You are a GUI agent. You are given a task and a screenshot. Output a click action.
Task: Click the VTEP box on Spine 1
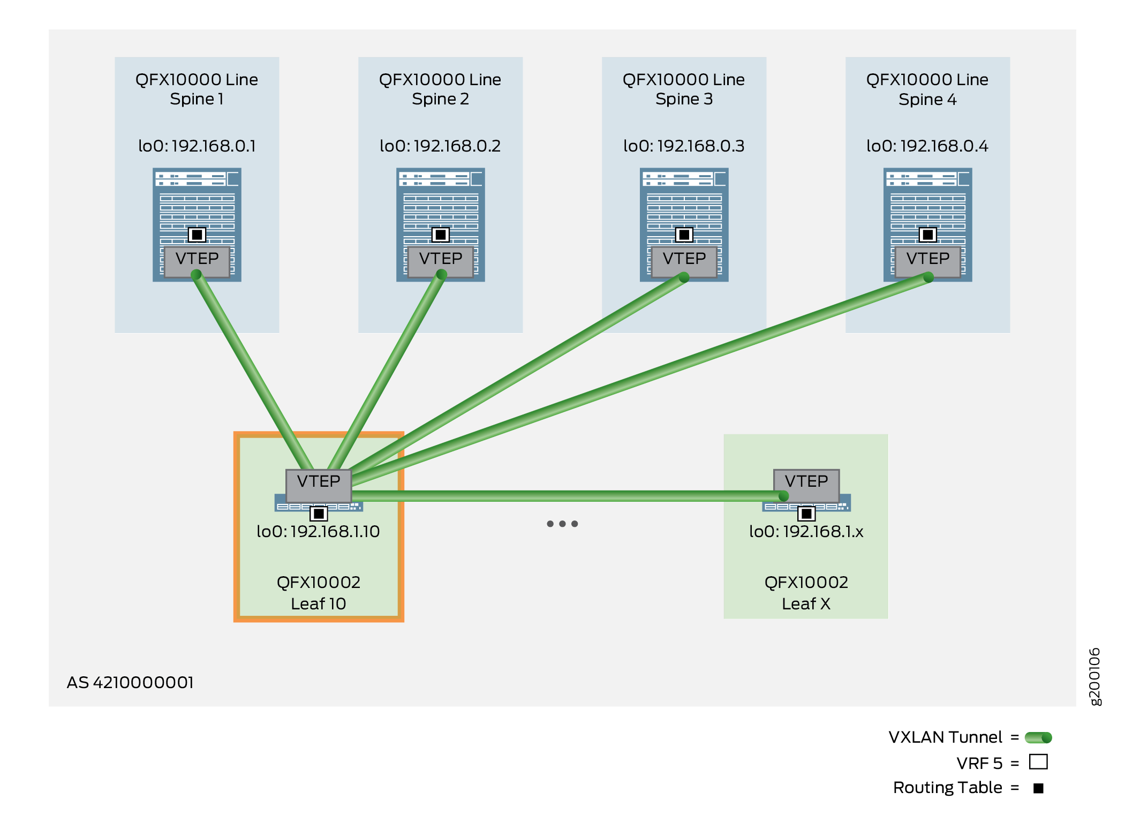click(197, 261)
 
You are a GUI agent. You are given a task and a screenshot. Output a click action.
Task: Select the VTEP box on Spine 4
click(927, 261)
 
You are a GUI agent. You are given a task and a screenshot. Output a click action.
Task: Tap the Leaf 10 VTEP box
click(319, 484)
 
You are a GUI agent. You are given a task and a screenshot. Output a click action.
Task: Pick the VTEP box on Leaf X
click(806, 484)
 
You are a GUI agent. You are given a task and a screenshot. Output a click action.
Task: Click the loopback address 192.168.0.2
click(440, 146)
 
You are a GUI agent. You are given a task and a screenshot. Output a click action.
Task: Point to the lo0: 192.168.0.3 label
click(684, 146)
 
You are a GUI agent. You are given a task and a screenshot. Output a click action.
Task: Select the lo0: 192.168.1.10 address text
click(318, 531)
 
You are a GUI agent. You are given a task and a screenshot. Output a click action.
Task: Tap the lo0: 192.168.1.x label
click(806, 531)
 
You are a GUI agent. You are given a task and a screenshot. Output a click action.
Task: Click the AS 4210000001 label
click(130, 682)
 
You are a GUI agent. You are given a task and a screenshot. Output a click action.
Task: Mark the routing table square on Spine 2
click(441, 235)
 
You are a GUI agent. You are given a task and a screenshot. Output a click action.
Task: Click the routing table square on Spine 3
click(684, 235)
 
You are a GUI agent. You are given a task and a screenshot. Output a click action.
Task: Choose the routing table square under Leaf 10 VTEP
click(319, 514)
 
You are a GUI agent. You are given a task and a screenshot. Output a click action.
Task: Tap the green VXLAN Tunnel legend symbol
click(1038, 737)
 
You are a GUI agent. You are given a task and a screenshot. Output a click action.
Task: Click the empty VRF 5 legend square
click(1038, 761)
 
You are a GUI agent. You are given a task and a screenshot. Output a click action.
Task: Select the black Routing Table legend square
click(1038, 788)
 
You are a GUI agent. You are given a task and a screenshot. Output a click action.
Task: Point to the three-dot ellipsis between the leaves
click(562, 524)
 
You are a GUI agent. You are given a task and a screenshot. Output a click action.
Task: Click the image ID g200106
click(1095, 677)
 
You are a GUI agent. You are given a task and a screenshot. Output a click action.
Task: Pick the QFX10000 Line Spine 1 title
click(197, 89)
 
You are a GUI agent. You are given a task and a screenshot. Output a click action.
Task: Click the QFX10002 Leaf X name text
click(806, 593)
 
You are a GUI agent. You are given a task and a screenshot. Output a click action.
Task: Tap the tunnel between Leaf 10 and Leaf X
click(562, 496)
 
